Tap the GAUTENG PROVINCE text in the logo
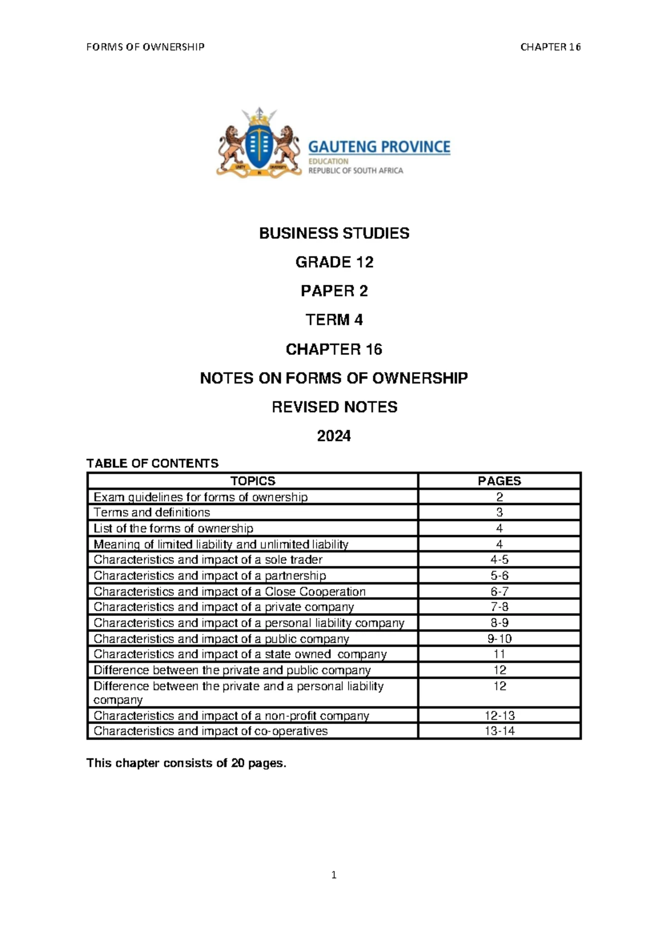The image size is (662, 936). [x=379, y=147]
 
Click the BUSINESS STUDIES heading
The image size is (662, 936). [x=334, y=233]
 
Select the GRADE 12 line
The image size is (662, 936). [x=334, y=262]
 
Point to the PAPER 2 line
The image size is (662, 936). [x=334, y=291]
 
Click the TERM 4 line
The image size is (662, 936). [x=334, y=320]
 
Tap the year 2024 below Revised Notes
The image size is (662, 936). [x=334, y=436]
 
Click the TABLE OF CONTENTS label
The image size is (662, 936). [x=152, y=463]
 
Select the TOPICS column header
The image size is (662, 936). [x=253, y=481]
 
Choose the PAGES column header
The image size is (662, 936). [x=499, y=481]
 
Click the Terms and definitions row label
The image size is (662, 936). [x=152, y=512]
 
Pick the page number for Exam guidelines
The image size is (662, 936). [x=499, y=497]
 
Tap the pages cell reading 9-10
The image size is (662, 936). [x=499, y=639]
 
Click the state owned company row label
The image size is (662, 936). [x=240, y=654]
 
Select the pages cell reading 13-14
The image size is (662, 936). [x=499, y=731]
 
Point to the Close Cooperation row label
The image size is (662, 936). [x=229, y=591]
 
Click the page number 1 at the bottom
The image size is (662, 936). [x=334, y=875]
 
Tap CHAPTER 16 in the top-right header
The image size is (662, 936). [x=550, y=47]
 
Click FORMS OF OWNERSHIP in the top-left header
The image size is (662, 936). [x=146, y=47]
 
